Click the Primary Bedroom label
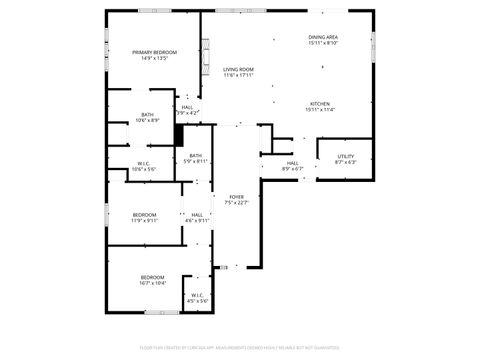click(154, 52)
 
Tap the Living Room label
click(238, 69)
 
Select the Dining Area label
click(323, 37)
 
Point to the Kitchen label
click(320, 104)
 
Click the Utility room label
click(345, 156)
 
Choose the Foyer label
click(236, 197)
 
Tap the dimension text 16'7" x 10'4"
click(153, 283)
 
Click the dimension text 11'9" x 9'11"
click(145, 220)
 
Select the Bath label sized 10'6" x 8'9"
click(147, 115)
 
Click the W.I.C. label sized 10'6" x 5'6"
click(143, 164)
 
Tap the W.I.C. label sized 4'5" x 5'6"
click(197, 294)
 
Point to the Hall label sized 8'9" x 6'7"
click(292, 163)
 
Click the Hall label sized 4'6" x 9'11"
click(197, 214)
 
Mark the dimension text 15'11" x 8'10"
click(323, 43)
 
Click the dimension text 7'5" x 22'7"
click(236, 203)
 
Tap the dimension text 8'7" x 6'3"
click(345, 162)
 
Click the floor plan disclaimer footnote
click(240, 349)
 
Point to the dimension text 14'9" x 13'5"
click(154, 58)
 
